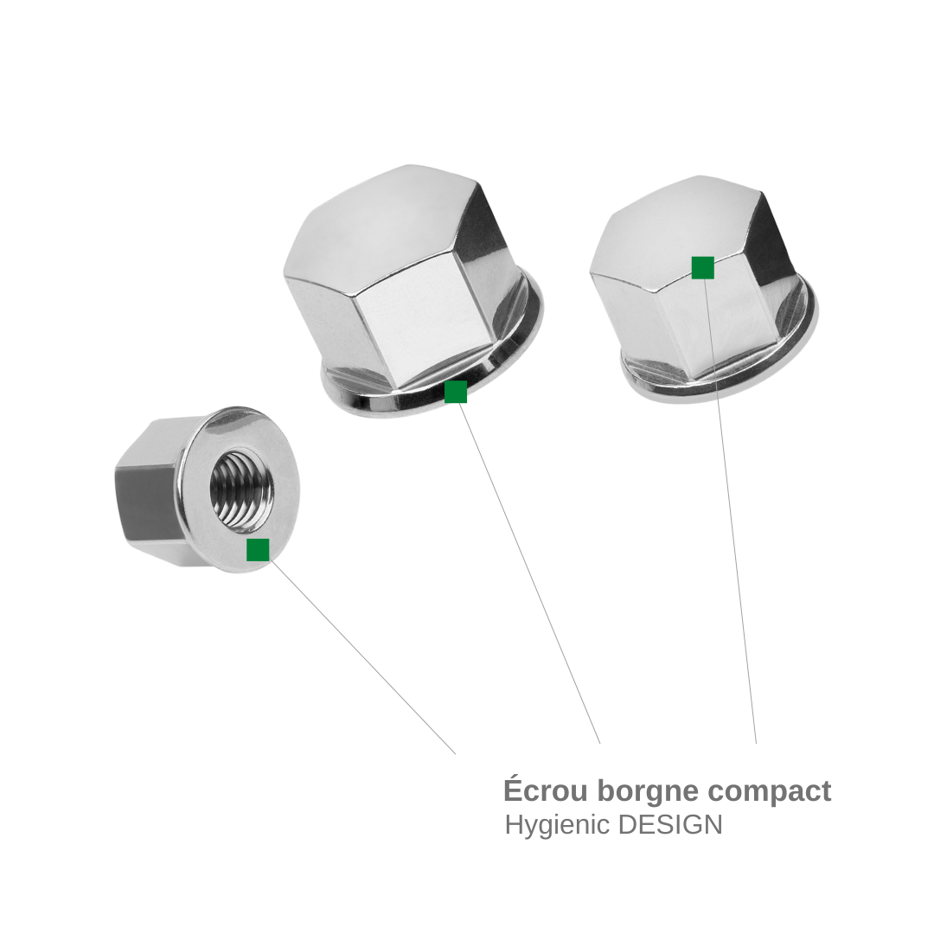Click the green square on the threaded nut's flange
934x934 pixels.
click(258, 549)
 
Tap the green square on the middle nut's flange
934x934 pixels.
click(456, 392)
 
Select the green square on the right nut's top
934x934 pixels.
click(703, 267)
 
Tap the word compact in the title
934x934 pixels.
click(770, 792)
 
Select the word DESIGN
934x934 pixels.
click(670, 825)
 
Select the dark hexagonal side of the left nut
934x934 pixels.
click(149, 501)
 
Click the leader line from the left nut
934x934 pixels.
click(362, 656)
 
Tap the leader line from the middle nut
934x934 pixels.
click(529, 573)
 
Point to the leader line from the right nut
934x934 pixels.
click(730, 511)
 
